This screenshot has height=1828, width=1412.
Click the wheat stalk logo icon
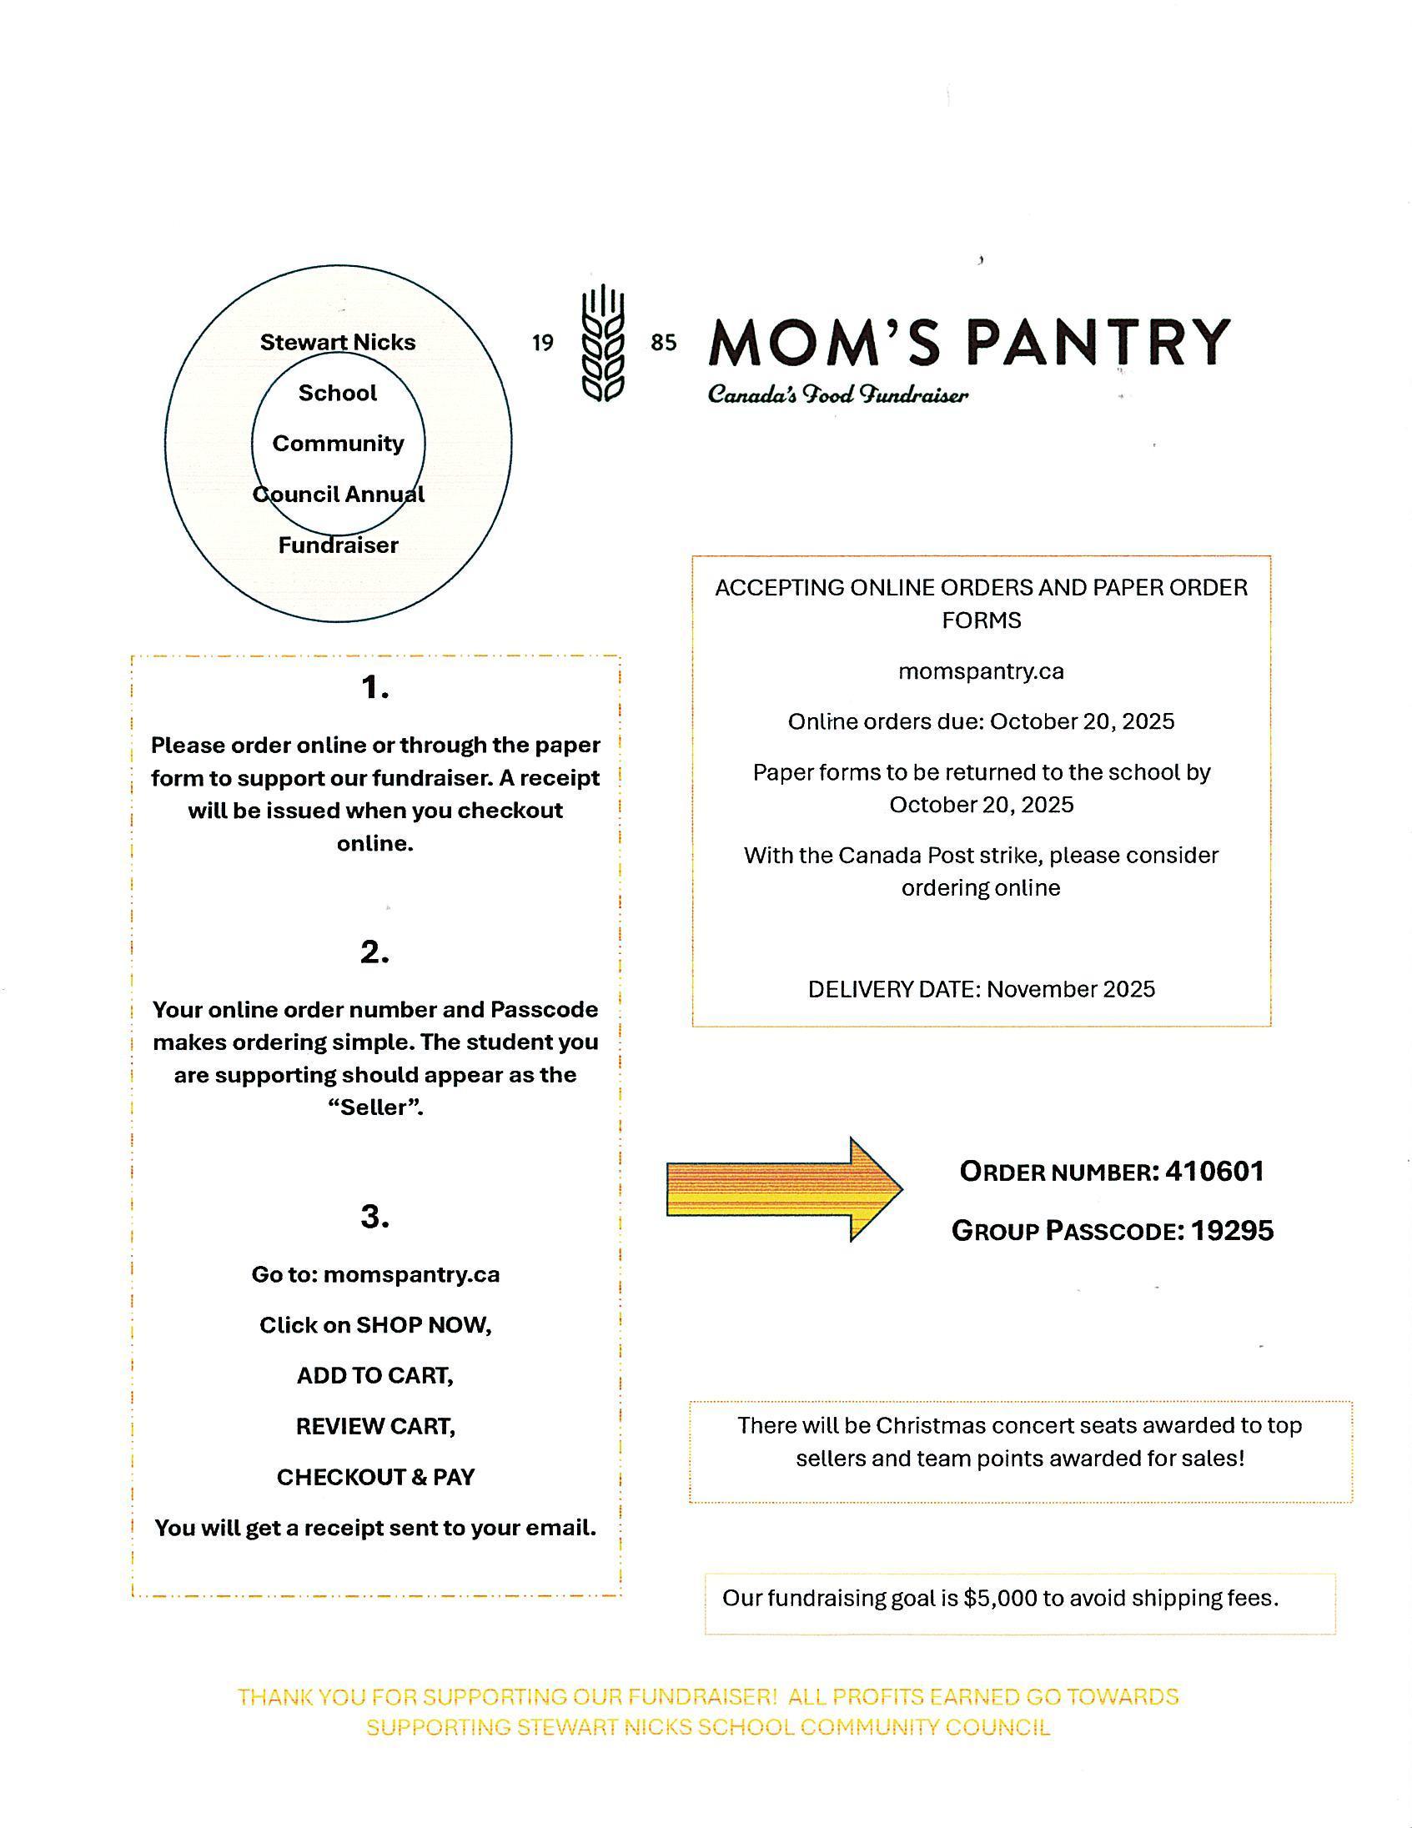pyautogui.click(x=603, y=344)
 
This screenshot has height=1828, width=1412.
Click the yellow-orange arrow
pyautogui.click(x=782, y=1188)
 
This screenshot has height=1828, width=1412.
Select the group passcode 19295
pyautogui.click(x=1231, y=1229)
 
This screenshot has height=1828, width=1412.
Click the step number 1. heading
pyautogui.click(x=375, y=688)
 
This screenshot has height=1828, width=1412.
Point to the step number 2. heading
pyautogui.click(x=375, y=952)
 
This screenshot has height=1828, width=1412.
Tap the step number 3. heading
pyautogui.click(x=375, y=1216)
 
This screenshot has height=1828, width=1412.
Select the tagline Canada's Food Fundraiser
pyautogui.click(x=838, y=394)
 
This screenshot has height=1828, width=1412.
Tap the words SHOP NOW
pyautogui.click(x=423, y=1325)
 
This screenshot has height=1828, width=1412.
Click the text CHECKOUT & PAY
pyautogui.click(x=375, y=1477)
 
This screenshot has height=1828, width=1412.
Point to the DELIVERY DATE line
pyautogui.click(x=981, y=989)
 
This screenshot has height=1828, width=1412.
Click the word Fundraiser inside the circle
pyautogui.click(x=338, y=545)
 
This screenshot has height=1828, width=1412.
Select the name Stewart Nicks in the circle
pyautogui.click(x=337, y=342)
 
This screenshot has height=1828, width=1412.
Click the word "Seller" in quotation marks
pyautogui.click(x=374, y=1107)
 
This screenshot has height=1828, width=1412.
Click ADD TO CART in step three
pyautogui.click(x=375, y=1376)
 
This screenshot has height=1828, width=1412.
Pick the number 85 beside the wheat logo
pyautogui.click(x=663, y=342)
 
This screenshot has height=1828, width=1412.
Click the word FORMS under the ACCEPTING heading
pyautogui.click(x=981, y=620)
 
